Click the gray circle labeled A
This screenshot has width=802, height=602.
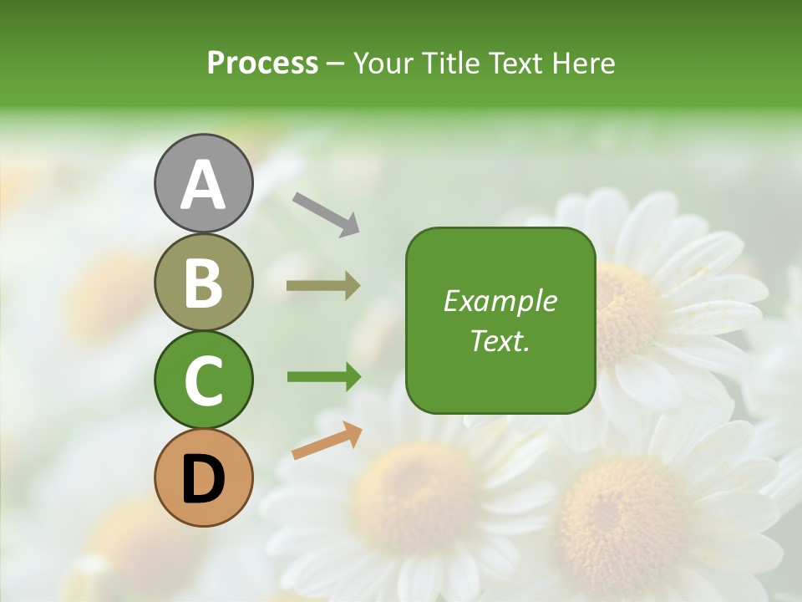click(203, 183)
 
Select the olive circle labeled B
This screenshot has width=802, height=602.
click(203, 282)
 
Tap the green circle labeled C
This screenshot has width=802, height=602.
click(203, 380)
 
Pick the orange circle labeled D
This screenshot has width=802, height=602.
click(203, 477)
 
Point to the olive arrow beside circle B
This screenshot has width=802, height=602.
click(323, 286)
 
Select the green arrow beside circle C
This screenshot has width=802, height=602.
click(324, 377)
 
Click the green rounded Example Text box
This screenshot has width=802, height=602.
click(500, 320)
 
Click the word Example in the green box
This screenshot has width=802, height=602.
click(500, 301)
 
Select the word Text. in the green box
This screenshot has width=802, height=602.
click(500, 340)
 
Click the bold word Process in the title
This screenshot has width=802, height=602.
click(262, 63)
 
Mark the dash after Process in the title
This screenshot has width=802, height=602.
click(336, 64)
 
